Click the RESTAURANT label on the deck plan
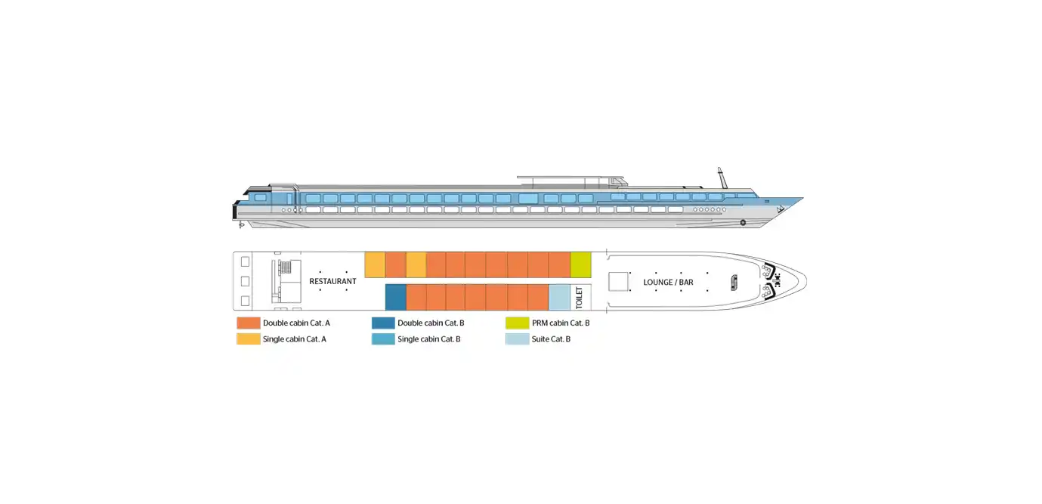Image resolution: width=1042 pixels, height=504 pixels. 332,282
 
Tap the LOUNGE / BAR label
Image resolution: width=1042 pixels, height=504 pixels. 668,283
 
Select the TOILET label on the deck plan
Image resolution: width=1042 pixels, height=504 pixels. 579,298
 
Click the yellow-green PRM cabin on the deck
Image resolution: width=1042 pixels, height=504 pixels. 580,264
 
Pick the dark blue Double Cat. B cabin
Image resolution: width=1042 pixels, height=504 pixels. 396,297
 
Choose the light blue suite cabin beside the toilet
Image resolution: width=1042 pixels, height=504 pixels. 559,297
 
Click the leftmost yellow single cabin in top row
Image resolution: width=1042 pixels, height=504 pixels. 375,264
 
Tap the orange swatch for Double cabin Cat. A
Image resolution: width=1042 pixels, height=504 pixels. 249,323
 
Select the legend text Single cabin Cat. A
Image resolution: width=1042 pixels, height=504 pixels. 295,339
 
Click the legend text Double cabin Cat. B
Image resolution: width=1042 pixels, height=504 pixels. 431,323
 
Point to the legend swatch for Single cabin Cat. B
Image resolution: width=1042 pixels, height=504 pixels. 383,339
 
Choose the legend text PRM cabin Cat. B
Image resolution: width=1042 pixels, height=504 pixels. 561,323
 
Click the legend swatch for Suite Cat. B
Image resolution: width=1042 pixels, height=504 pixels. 518,339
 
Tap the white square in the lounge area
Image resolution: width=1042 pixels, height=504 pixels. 618,282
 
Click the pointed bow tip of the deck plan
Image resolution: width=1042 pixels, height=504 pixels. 806,281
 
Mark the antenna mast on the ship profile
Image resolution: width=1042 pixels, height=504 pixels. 722,178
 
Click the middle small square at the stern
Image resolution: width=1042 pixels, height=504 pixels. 245,282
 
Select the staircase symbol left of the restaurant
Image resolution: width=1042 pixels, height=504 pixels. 286,267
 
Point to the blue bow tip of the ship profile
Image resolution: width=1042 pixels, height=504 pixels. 803,199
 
